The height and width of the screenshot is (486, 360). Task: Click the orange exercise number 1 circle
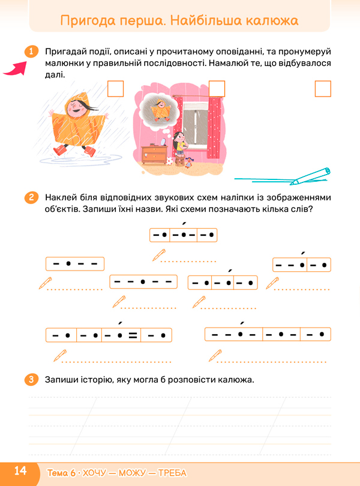pyautogui.click(x=31, y=52)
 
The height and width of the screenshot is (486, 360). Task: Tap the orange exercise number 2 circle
pyautogui.click(x=31, y=197)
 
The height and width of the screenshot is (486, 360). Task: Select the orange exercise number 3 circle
pyautogui.click(x=31, y=379)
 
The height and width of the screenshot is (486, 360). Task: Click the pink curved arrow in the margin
pyautogui.click(x=15, y=69)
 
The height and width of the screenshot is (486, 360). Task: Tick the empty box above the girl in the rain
pyautogui.click(x=115, y=89)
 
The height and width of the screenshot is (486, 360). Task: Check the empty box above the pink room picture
pyautogui.click(x=217, y=89)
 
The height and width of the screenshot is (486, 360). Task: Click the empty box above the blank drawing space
pyautogui.click(x=323, y=89)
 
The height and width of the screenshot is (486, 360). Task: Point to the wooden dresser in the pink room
pyautogui.click(x=154, y=154)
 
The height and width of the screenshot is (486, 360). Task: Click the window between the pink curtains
pyautogui.click(x=195, y=125)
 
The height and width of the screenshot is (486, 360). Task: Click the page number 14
pyautogui.click(x=20, y=471)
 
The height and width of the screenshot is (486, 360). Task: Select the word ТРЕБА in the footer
pyautogui.click(x=172, y=473)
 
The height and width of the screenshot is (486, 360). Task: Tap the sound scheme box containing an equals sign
pyautogui.click(x=109, y=335)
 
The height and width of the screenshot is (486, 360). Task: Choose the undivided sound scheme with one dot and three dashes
pyautogui.click(x=75, y=264)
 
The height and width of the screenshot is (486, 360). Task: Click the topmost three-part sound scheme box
pyautogui.click(x=183, y=235)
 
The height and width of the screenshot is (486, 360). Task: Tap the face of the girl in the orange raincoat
pyautogui.click(x=76, y=109)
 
